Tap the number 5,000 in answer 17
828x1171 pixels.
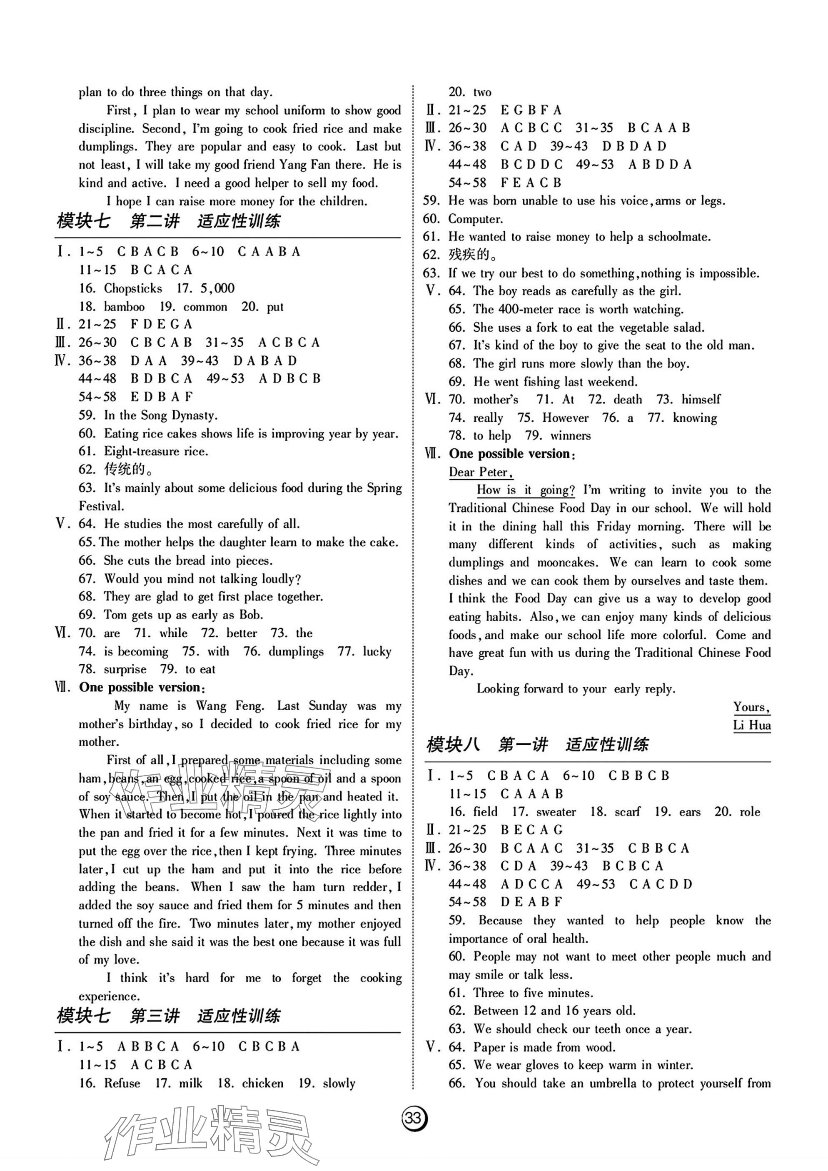click(x=218, y=289)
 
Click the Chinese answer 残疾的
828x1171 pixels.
click(x=469, y=255)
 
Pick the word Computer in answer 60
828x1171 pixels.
click(x=475, y=219)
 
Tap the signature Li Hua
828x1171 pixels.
click(x=751, y=725)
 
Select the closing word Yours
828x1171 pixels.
click(x=751, y=708)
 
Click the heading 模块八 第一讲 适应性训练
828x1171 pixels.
click(x=537, y=745)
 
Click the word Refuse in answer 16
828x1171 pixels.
click(x=122, y=1083)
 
